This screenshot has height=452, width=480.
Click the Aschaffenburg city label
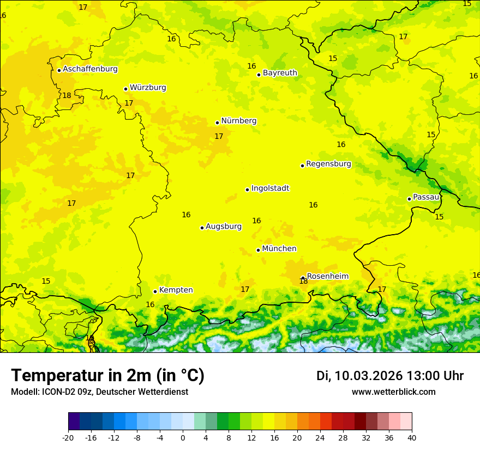(90, 69)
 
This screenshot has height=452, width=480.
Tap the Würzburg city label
(148, 88)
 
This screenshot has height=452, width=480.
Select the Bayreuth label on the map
(280, 73)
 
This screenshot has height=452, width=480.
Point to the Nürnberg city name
(239, 121)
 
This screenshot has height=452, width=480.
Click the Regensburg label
(328, 164)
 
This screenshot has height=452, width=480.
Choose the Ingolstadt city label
(270, 188)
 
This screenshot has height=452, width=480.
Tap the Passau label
(426, 197)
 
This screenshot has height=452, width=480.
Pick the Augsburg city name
(224, 227)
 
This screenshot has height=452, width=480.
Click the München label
(279, 249)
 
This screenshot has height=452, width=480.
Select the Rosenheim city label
(327, 277)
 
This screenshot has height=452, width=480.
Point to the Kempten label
(176, 290)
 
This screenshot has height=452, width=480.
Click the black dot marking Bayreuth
(259, 75)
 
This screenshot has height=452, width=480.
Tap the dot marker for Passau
(409, 199)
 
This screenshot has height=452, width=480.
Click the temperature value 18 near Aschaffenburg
(67, 96)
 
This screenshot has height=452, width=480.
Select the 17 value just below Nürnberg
(219, 137)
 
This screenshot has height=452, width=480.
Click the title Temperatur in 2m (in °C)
(107, 376)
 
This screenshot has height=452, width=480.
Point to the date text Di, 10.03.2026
(359, 376)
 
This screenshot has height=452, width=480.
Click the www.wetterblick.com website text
(393, 392)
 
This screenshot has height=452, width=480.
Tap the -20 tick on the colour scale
(68, 438)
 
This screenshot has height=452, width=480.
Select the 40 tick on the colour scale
(412, 438)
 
